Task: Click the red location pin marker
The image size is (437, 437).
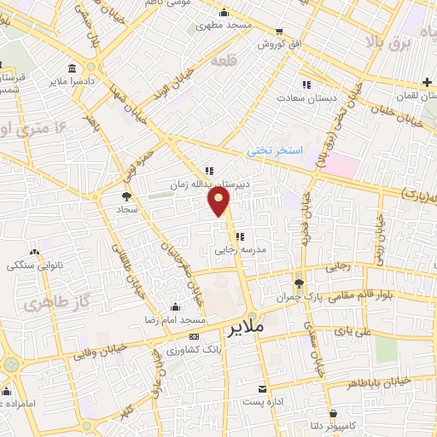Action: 219,201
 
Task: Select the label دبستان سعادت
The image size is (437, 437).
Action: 302,97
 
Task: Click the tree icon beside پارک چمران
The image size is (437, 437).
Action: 298,284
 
